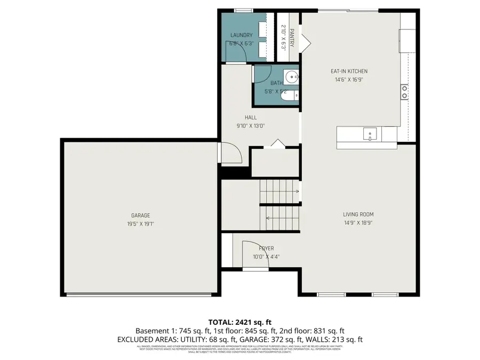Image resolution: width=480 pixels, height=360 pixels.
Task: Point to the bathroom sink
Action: [292, 78]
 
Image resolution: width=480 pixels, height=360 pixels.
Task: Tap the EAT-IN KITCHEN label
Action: [349, 71]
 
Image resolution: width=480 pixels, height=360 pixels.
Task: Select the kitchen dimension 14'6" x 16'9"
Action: [349, 79]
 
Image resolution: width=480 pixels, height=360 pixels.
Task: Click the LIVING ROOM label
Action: [358, 214]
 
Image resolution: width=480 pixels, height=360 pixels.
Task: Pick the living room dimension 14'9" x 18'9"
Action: [358, 223]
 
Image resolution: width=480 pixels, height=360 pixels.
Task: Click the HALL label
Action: [251, 117]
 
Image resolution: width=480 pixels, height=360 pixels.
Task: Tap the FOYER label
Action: [266, 249]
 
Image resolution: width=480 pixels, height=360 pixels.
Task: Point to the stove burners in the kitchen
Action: [405, 92]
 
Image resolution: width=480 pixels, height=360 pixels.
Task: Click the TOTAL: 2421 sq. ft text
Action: [240, 322]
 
